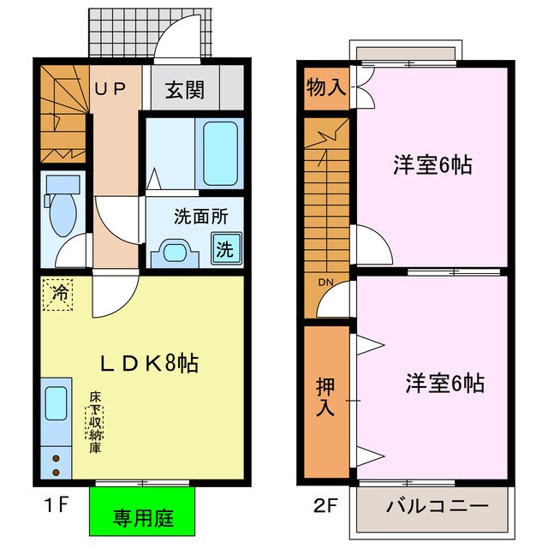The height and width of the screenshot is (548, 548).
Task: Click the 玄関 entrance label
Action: click(x=184, y=89)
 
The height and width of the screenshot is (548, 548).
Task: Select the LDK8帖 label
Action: click(x=151, y=364)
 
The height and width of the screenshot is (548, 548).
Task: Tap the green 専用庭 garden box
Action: click(x=143, y=517)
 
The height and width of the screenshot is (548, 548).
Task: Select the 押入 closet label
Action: click(x=326, y=398)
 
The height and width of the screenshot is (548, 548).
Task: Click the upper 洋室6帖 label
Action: click(x=432, y=164)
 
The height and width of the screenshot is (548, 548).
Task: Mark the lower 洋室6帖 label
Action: click(x=444, y=384)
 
